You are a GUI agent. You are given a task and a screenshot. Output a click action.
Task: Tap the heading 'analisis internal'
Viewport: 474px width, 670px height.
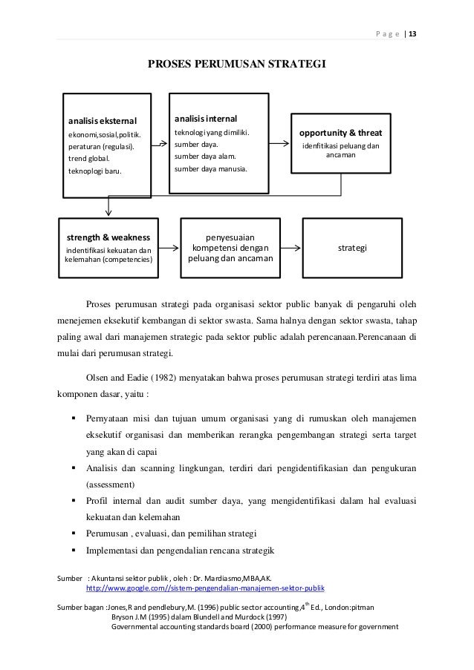click(x=207, y=118)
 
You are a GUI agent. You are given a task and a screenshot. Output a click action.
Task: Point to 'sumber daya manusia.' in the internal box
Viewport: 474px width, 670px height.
click(x=211, y=168)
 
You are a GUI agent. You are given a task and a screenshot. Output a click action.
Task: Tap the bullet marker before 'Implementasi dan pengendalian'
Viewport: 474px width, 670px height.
click(x=75, y=551)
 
